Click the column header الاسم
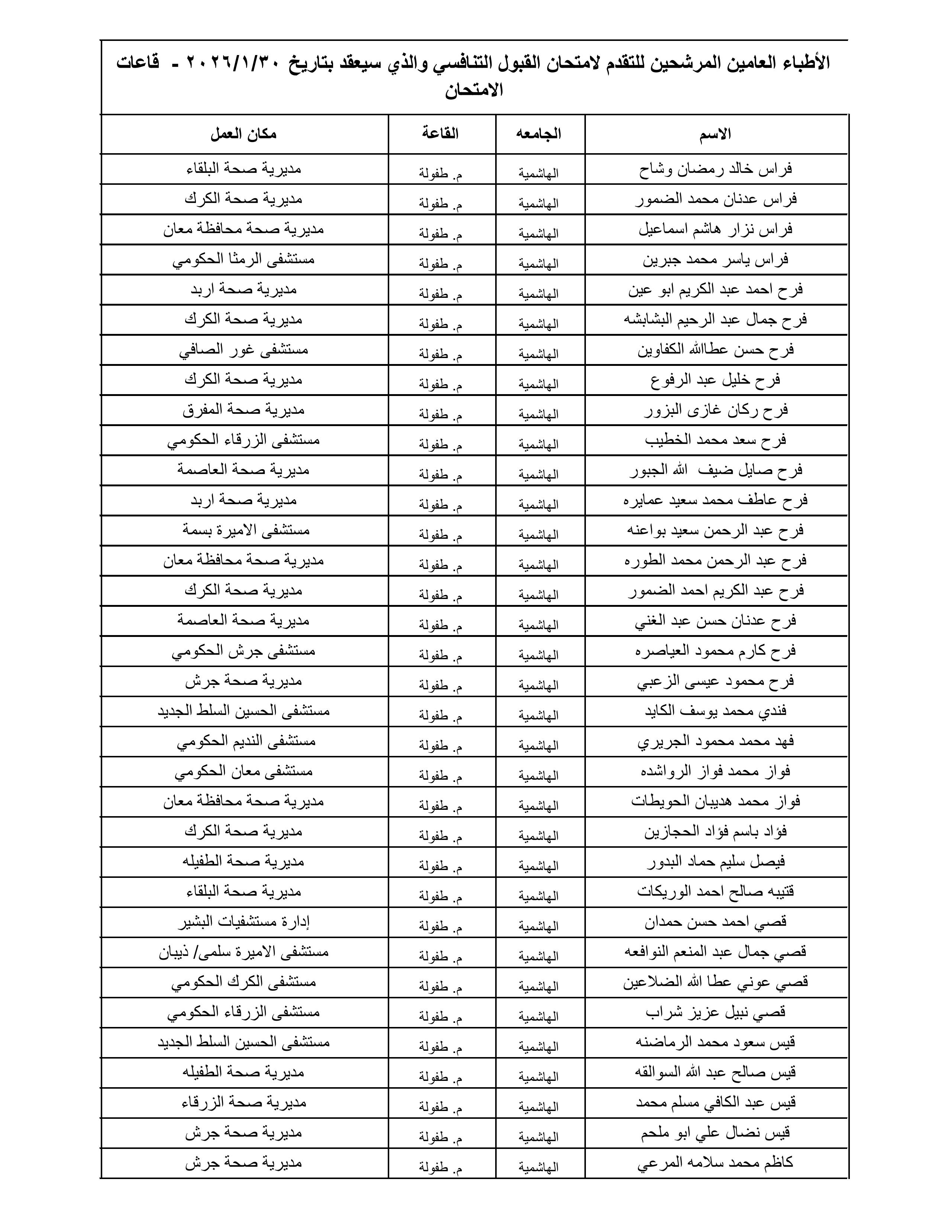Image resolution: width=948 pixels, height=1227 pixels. [715, 134]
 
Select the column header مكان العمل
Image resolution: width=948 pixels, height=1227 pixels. [244, 134]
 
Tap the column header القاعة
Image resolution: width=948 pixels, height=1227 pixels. [441, 134]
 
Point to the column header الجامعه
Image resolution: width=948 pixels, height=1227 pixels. [539, 134]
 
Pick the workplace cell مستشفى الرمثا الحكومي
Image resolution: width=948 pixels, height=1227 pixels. [244, 260]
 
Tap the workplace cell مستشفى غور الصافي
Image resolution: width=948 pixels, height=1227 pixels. [244, 350]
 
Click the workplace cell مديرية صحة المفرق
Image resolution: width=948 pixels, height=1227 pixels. [244, 410]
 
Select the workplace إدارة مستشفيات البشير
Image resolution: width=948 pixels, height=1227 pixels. [244, 922]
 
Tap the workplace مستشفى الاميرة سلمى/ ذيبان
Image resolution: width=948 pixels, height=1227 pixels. [244, 952]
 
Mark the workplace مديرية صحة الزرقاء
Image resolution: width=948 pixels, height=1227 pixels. [244, 1103]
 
